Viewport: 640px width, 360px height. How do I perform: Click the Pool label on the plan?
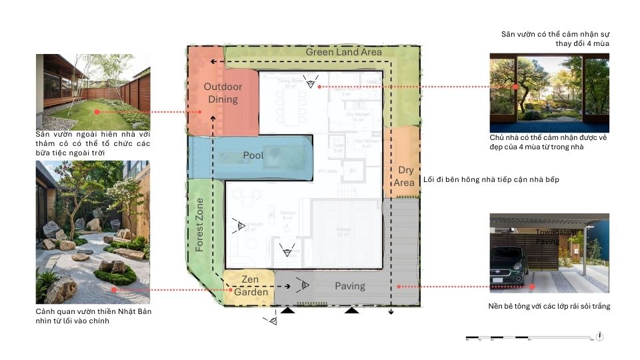pyautogui.click(x=253, y=155)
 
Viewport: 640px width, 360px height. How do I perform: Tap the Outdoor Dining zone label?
pyautogui.click(x=223, y=93)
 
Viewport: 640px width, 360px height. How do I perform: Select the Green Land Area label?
pyautogui.click(x=343, y=52)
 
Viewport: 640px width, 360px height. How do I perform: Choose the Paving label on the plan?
pyautogui.click(x=349, y=286)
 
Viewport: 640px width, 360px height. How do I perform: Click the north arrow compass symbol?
pyautogui.click(x=601, y=337)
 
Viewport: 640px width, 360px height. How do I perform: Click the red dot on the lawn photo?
pyautogui.click(x=97, y=112)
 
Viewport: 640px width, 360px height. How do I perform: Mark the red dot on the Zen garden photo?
pyautogui.click(x=115, y=290)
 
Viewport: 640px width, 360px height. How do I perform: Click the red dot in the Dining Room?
pyautogui.click(x=319, y=87)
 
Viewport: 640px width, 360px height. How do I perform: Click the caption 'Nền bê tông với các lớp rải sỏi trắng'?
pyautogui.click(x=549, y=307)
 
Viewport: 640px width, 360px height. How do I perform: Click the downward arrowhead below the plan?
pyautogui.click(x=391, y=311)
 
